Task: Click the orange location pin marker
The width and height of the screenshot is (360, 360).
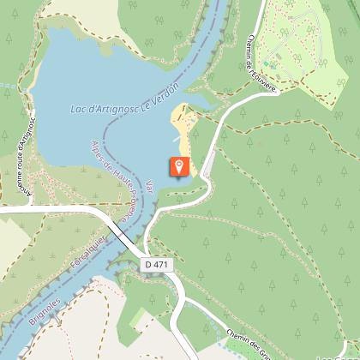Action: (x=178, y=166)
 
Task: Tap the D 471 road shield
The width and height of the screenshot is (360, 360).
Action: (x=158, y=266)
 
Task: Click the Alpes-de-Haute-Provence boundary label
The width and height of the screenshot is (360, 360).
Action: (x=109, y=181)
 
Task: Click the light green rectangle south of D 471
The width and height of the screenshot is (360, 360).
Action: (x=137, y=319)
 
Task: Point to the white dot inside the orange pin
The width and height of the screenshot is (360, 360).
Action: (x=178, y=164)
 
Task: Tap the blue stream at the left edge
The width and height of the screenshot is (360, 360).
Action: (x=7, y=86)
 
